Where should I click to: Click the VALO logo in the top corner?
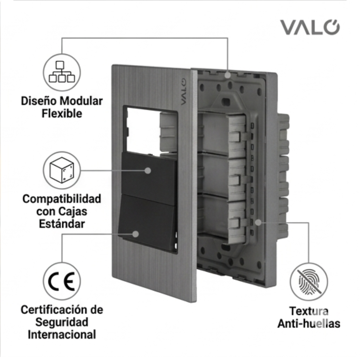coord(310,27)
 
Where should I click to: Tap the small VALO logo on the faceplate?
coord(183,92)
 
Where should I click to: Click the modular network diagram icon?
coord(62,72)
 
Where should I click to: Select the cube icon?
coord(62,170)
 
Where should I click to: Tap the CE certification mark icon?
coord(62,281)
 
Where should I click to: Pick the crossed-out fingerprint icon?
coord(309,282)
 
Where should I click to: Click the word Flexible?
coord(62,113)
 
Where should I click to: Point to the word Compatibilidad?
coord(62,199)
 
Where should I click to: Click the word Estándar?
coord(62,224)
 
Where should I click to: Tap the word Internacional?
coord(62,334)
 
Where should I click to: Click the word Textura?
coord(309,311)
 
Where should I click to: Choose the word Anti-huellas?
coord(309,324)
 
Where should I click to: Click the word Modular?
coord(81,101)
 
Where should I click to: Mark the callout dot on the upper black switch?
coord(148,171)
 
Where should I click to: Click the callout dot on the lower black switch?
coord(136,234)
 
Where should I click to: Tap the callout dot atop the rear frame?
coord(228,75)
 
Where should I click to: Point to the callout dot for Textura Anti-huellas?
coord(258,222)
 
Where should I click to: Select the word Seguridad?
coord(62,322)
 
